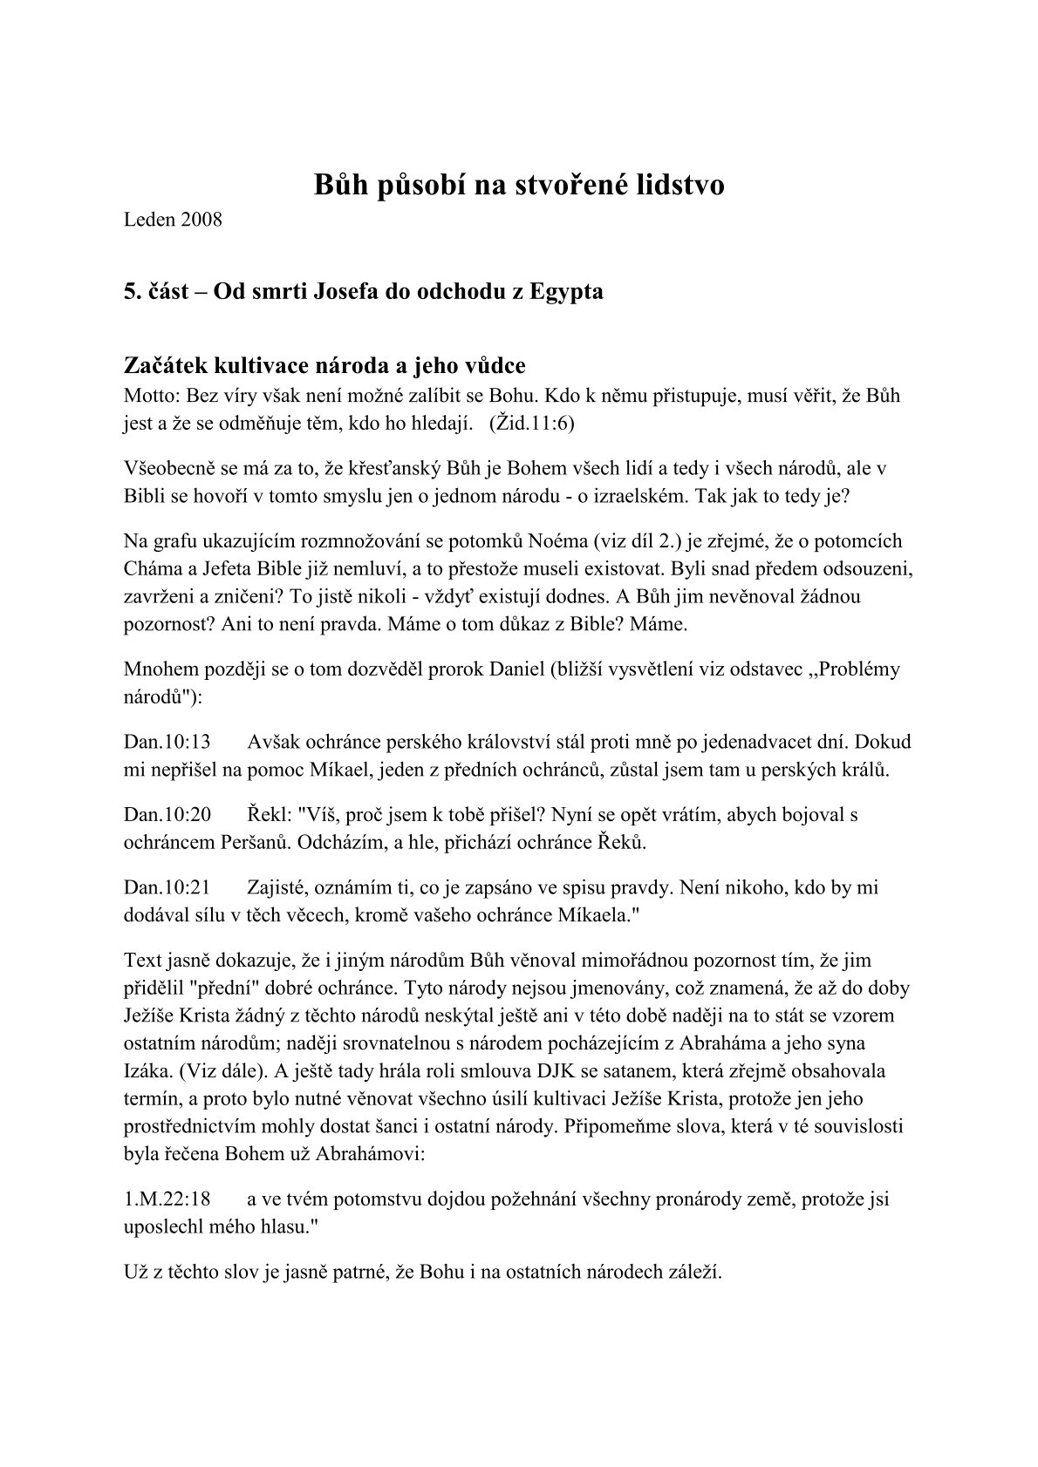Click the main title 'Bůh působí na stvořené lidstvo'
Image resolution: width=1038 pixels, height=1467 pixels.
coord(519,185)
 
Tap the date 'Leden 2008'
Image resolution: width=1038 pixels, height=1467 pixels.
coord(173,219)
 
